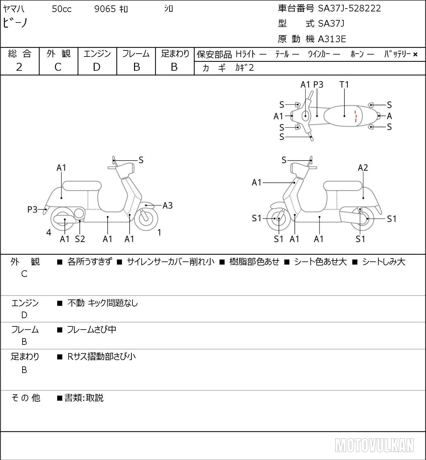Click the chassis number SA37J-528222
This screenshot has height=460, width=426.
click(x=349, y=9)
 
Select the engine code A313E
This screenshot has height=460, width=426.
click(x=332, y=39)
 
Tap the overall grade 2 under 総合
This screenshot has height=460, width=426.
click(x=19, y=67)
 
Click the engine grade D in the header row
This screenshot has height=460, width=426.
click(x=97, y=67)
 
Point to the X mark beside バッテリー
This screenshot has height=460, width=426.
click(x=415, y=55)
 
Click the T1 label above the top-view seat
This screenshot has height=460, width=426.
click(x=344, y=84)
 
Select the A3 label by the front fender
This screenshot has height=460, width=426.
click(x=167, y=206)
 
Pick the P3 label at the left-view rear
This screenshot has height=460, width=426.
click(x=32, y=209)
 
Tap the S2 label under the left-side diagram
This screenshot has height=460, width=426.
click(x=80, y=239)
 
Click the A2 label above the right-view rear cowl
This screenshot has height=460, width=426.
click(x=363, y=168)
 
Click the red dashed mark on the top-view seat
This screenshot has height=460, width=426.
click(x=355, y=116)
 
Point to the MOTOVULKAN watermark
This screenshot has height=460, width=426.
click(x=374, y=445)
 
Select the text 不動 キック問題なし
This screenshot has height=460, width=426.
click(x=103, y=303)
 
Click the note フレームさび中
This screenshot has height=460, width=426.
click(x=91, y=330)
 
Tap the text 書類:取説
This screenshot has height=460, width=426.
click(x=84, y=398)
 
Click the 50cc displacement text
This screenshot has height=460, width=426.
click(x=62, y=9)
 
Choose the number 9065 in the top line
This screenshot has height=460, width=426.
click(x=105, y=9)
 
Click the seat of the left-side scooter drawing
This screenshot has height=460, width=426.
click(x=82, y=186)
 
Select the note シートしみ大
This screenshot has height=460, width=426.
click(x=383, y=262)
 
